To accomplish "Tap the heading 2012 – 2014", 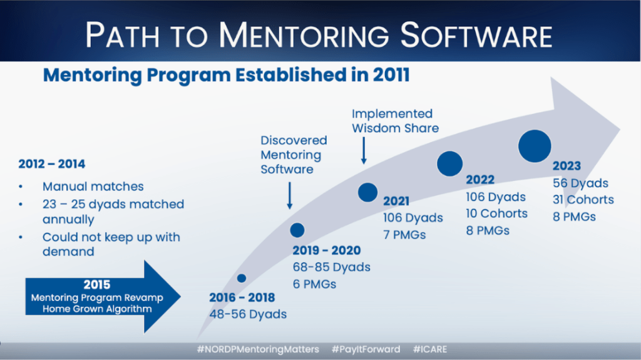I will click(52, 164).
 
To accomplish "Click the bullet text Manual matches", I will click(93, 186).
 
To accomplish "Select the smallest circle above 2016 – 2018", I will click(242, 278).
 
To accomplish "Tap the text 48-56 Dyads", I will click(248, 314).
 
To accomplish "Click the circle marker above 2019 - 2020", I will click(297, 230).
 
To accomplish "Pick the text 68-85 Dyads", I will click(332, 267).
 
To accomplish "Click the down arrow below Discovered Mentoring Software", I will click(289, 195).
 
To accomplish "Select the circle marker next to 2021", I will click(367, 192).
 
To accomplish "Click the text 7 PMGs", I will click(404, 235).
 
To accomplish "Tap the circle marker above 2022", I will click(449, 163).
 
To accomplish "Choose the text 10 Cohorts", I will click(496, 213).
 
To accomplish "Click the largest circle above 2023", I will click(535, 146).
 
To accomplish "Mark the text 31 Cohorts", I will click(583, 200).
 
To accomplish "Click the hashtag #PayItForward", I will click(366, 349).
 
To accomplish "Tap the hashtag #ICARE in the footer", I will click(430, 349).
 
